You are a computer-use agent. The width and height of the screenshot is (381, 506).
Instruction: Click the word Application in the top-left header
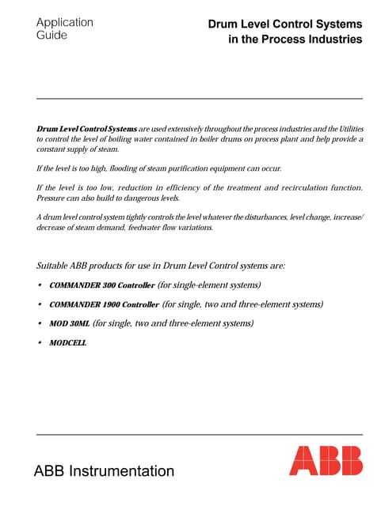(64, 22)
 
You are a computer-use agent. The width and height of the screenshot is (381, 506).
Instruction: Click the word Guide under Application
(51, 36)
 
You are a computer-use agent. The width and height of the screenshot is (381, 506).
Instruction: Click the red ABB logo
(326, 461)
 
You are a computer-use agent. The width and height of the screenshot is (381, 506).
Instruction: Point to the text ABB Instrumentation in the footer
(104, 471)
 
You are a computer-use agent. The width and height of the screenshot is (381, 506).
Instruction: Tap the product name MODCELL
(67, 343)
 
